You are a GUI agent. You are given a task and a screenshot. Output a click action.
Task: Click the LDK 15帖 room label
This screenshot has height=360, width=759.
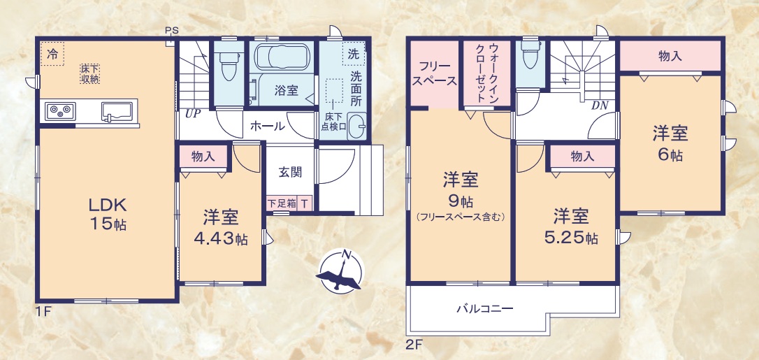point(106,214)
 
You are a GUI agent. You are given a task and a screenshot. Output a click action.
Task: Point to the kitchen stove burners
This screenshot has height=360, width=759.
point(60,110)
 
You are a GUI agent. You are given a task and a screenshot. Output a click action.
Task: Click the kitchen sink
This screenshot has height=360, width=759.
point(116,110)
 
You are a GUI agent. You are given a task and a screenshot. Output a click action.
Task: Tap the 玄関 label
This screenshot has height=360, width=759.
point(290,171)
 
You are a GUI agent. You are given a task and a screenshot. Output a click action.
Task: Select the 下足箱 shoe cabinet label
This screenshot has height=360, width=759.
point(282,203)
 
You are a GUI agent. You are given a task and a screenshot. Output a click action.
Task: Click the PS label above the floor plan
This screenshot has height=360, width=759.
point(172,30)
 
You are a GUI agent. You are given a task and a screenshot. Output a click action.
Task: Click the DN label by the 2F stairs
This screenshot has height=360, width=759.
point(599,106)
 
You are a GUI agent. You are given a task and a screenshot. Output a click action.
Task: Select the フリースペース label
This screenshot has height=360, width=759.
point(434,73)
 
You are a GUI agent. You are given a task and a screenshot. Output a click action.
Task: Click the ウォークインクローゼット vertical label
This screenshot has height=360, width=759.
point(488,73)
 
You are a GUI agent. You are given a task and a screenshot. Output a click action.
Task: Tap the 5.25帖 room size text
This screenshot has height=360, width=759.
point(571,238)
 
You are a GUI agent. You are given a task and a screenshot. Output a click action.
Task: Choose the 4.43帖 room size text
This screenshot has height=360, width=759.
point(221,238)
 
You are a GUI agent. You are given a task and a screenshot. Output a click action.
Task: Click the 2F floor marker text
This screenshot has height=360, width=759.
point(414,344)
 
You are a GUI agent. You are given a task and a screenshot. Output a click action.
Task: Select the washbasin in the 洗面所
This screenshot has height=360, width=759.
point(356,128)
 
